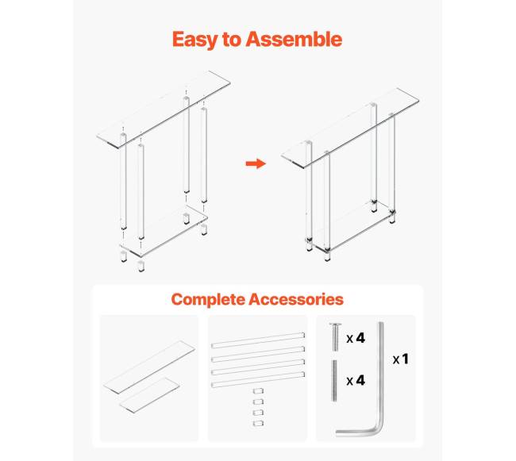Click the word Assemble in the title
click(294, 39)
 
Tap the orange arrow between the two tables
click(256, 163)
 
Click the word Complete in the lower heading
click(208, 300)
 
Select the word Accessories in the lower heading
click(296, 299)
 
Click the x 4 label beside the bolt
click(356, 338)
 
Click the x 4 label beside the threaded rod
click(356, 380)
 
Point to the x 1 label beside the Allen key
click(400, 359)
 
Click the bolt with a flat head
click(335, 336)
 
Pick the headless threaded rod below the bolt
click(334, 380)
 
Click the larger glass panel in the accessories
click(149, 367)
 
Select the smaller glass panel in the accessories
click(149, 395)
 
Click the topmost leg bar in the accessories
click(258, 340)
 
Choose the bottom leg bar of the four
click(258, 379)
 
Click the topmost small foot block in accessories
click(258, 391)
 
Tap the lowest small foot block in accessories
click(258, 423)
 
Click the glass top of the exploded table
click(164, 109)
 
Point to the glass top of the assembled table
click(350, 129)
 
